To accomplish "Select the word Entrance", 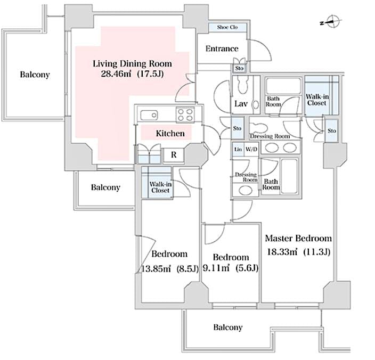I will click(222, 49).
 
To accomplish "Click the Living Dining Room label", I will click(133, 63).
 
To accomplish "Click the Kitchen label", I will click(170, 133).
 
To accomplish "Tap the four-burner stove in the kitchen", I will click(186, 113).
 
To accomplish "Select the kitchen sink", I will click(149, 114).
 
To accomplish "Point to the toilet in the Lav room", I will click(244, 85).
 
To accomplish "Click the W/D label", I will click(251, 150).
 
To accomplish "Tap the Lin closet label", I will click(238, 150).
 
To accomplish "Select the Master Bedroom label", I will click(298, 238).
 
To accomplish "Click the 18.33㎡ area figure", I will click(283, 252).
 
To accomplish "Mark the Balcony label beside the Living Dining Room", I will click(35, 75).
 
